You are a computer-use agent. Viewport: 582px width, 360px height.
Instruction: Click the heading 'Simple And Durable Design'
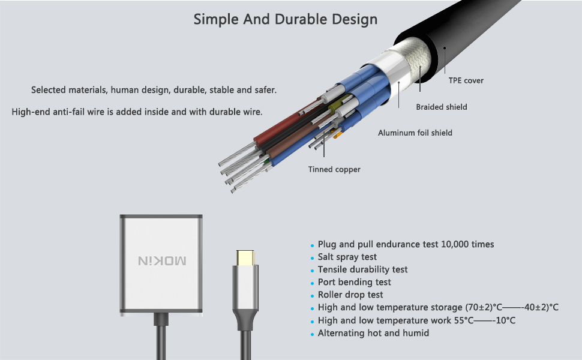(285, 19)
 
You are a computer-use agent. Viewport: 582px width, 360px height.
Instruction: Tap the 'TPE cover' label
(466, 80)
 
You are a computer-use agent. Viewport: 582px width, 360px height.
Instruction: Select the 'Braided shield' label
(442, 107)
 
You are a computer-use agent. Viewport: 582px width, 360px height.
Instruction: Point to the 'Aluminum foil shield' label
(415, 133)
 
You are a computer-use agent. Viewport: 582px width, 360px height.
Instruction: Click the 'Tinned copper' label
(334, 169)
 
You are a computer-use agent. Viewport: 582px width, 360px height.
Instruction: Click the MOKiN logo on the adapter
(162, 260)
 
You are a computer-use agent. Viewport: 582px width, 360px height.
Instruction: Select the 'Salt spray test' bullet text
(347, 257)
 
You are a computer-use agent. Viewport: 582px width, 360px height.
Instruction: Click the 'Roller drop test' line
(351, 295)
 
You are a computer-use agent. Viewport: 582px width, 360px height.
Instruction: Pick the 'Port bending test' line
(354, 282)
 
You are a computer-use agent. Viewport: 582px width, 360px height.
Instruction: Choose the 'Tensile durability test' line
(362, 269)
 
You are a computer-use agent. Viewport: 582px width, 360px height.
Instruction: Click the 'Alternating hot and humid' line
(373, 332)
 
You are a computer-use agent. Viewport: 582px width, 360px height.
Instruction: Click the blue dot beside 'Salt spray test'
(312, 258)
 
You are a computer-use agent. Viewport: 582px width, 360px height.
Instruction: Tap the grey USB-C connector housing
(244, 288)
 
